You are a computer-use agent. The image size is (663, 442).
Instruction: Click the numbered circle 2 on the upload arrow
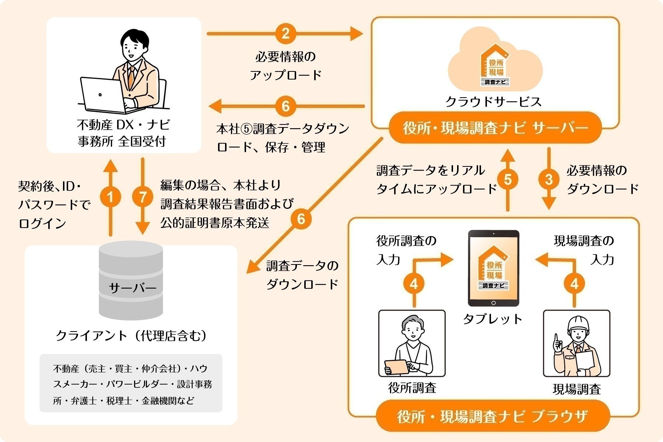285,34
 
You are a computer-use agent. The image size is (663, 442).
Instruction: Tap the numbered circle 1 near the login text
110,197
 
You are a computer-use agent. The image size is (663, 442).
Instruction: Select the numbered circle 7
143,197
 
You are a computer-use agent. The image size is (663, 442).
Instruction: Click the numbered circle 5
508,180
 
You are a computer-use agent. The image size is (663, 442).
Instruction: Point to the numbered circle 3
549,180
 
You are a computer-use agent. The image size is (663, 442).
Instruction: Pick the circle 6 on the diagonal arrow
301,219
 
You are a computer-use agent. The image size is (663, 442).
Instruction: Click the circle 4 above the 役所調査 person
414,284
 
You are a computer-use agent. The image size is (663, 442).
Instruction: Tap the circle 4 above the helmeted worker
574,284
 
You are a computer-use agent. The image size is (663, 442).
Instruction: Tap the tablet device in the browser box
494,268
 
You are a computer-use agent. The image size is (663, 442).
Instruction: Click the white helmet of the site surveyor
578,323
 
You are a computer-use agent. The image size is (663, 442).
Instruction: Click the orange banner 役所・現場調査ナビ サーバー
495,128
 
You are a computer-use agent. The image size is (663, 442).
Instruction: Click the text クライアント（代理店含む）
131,336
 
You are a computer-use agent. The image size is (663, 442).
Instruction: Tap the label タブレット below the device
493,319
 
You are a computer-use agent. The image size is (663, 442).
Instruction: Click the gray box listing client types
131,383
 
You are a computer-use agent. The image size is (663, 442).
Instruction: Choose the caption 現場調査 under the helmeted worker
577,389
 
